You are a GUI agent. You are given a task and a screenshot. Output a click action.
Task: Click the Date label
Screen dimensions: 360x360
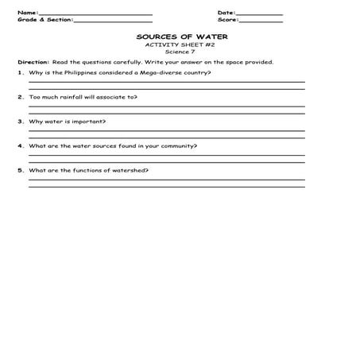tap(226, 13)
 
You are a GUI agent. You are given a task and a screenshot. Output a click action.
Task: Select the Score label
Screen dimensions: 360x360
tap(227, 21)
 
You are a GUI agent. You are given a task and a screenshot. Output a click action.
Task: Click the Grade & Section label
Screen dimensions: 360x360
tap(44, 21)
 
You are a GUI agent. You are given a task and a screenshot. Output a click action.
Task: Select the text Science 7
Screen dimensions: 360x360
tap(179, 52)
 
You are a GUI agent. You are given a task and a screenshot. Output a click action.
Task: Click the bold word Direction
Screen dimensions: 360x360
tap(33, 62)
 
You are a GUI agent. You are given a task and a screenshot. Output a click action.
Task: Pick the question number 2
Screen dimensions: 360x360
tap(20, 97)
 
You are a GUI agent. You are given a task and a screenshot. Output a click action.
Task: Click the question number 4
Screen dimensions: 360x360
tap(20, 146)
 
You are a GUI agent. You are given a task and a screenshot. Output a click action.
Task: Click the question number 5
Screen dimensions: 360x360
tap(20, 171)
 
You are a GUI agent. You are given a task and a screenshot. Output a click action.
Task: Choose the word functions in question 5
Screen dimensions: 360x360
tap(86, 171)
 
